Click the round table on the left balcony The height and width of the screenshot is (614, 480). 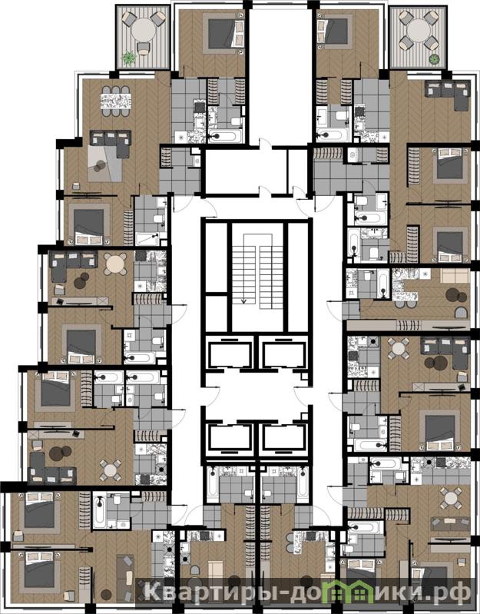144,30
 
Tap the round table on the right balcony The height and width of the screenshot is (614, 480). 419,30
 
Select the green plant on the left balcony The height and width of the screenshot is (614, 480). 128,58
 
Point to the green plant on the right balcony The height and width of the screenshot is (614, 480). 434,59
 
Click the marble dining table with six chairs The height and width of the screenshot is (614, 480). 116,101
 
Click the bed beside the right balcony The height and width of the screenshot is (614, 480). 335,31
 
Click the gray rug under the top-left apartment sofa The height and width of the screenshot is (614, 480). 105,163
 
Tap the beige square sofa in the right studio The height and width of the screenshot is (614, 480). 455,276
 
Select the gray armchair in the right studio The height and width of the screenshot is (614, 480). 461,313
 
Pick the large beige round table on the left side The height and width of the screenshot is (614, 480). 115,264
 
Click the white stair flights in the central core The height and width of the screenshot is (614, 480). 257,271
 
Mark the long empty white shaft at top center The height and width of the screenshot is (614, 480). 282,75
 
